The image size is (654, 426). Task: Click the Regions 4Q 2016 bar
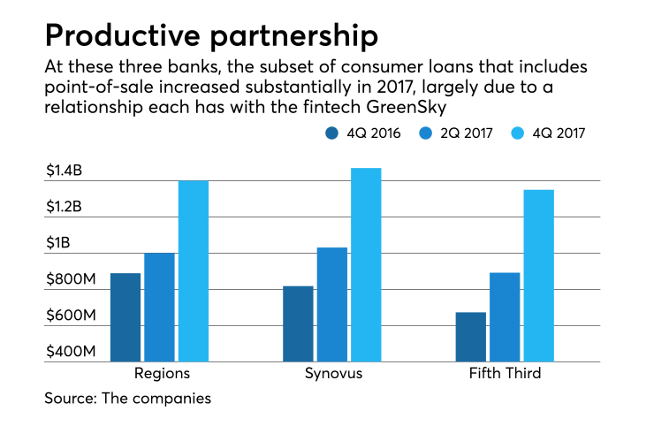tap(125, 317)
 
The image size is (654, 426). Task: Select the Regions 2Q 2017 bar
tap(160, 307)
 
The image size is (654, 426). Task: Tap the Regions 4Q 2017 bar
tap(194, 270)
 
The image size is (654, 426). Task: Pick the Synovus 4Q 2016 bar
tap(298, 323)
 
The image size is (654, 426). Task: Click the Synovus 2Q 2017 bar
tap(331, 304)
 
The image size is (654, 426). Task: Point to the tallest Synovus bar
tap(366, 264)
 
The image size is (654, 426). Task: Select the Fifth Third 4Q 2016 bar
tap(470, 337)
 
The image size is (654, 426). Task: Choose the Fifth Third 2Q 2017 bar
tap(505, 316)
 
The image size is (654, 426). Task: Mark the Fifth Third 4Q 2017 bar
tap(538, 275)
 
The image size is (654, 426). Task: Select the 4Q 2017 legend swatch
tap(520, 133)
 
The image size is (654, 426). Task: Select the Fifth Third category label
tap(505, 374)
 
